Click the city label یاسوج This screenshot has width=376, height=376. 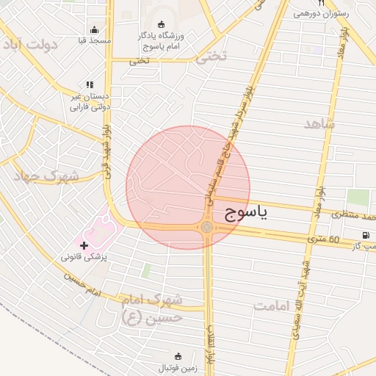(x=244, y=213)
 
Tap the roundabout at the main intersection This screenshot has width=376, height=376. (x=207, y=228)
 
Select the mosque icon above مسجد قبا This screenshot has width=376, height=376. (x=94, y=30)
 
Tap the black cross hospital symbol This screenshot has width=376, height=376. (x=84, y=245)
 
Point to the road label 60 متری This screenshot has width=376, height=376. (x=324, y=239)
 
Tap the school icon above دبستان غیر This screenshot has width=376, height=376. (x=90, y=85)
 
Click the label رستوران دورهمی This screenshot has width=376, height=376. (x=321, y=14)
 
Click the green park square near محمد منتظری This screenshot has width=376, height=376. (x=358, y=197)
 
